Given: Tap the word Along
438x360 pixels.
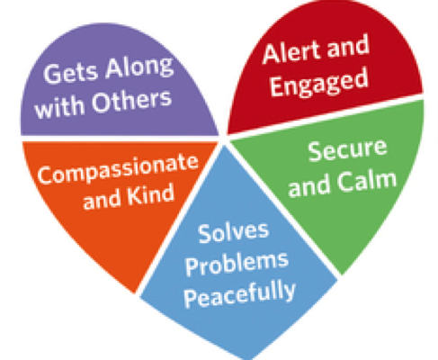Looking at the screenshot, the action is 139,67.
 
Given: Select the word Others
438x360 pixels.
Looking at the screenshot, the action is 131,101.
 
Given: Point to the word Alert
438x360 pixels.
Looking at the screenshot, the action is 292,52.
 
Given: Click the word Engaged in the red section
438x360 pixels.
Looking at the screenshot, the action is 319,83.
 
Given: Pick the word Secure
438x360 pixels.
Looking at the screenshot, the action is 347,150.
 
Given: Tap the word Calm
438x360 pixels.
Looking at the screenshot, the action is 366,181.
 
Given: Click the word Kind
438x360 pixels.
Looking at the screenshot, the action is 151,196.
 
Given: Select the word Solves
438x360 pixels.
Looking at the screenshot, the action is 233,232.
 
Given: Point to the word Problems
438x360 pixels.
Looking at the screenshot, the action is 237,263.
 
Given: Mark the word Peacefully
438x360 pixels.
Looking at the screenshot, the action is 240,294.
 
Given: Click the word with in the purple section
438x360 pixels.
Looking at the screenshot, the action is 59,107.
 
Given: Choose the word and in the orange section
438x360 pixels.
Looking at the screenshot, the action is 101,200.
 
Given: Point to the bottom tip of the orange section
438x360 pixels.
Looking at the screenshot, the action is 134,292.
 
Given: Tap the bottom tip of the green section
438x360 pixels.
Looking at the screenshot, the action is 341,274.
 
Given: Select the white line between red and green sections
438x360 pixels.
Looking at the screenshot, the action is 326,115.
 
